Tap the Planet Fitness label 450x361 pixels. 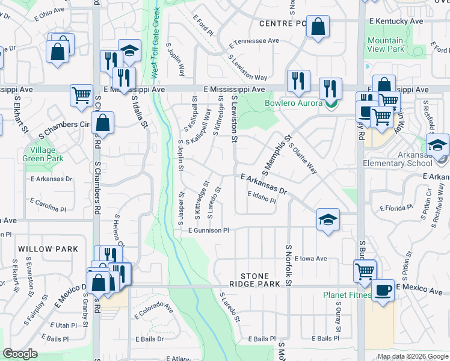(347, 295)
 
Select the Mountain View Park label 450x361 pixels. (386, 45)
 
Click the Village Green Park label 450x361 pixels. (43, 154)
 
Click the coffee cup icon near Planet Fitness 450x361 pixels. (383, 291)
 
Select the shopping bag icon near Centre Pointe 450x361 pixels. (318, 27)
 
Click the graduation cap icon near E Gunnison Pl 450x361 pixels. (327, 220)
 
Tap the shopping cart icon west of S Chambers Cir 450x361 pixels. (81, 95)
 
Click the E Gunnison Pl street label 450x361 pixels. (209, 230)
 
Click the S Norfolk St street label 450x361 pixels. (288, 265)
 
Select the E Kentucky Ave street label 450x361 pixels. (396, 21)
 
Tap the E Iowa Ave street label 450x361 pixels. (310, 258)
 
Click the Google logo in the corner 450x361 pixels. (20, 354)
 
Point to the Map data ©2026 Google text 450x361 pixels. (412, 356)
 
